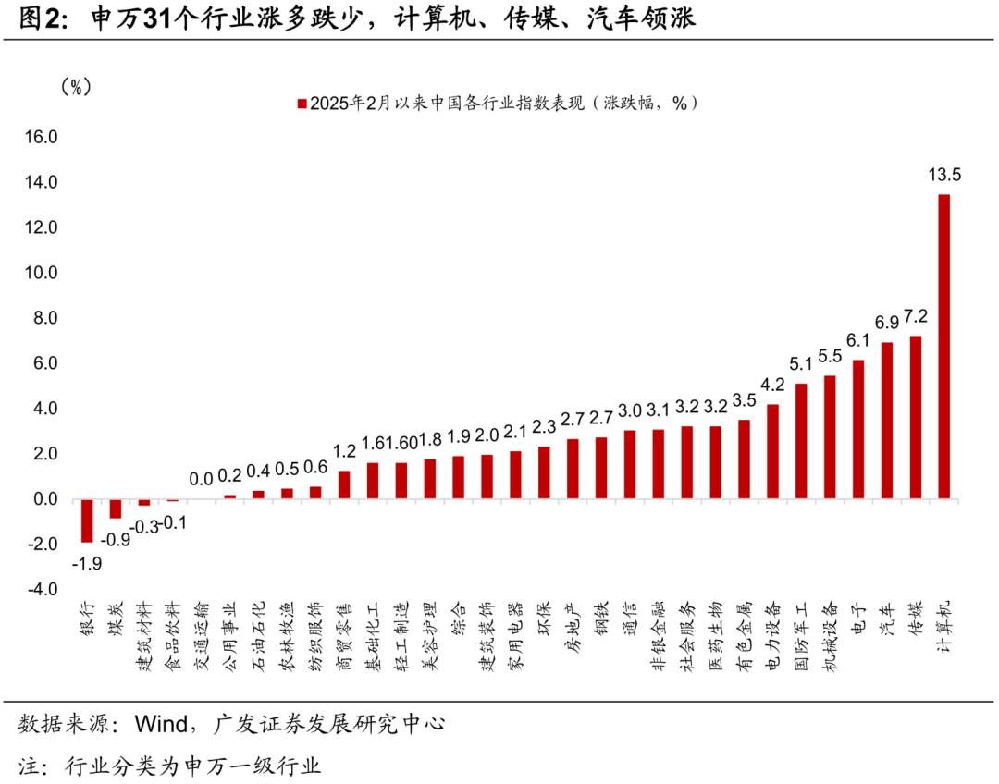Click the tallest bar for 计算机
click(x=943, y=347)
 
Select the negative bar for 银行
click(x=87, y=521)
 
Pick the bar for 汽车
click(x=887, y=421)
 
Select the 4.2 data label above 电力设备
click(x=772, y=384)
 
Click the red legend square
click(x=301, y=104)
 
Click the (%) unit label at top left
click(x=74, y=87)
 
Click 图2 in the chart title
click(x=42, y=19)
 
